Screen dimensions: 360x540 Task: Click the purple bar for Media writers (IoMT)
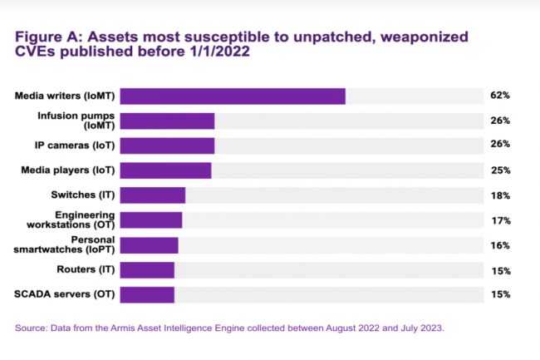tap(233, 96)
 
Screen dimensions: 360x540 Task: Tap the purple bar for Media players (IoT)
tap(166, 170)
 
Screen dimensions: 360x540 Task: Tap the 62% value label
tap(500, 96)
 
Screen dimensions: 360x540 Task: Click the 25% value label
tap(500, 170)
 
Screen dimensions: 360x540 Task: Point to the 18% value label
tap(500, 195)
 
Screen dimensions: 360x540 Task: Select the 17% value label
tap(500, 221)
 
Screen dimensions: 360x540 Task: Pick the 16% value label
tap(500, 246)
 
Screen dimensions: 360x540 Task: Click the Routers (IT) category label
tap(85, 269)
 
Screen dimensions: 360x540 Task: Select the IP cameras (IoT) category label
tap(74, 145)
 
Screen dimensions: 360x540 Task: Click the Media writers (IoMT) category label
tap(64, 96)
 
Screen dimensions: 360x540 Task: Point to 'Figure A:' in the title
tap(52, 37)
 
